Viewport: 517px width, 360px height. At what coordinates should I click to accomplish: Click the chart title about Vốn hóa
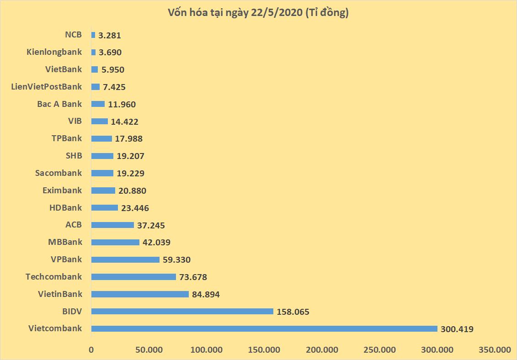[x=258, y=13]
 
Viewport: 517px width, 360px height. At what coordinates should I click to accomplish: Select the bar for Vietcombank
[x=264, y=328]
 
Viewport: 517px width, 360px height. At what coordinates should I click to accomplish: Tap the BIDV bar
[x=182, y=312]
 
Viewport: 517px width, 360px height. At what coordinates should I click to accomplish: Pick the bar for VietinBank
[x=140, y=294]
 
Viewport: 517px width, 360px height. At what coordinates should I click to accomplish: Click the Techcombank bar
[x=133, y=277]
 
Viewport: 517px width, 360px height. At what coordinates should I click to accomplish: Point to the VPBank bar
[x=125, y=259]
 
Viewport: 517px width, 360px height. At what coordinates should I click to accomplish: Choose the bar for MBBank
[x=115, y=242]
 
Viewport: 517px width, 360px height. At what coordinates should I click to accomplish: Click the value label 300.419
[x=457, y=329]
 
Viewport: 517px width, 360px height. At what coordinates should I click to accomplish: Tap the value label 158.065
[x=293, y=312]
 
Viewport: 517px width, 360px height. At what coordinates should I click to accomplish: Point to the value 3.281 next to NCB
[x=110, y=35]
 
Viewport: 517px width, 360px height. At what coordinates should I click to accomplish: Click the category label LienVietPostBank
[x=47, y=86]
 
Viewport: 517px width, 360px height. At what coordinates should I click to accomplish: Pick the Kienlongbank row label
[x=54, y=52]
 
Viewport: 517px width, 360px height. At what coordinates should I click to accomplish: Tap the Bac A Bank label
[x=59, y=104]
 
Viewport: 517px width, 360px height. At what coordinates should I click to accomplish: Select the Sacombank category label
[x=59, y=173]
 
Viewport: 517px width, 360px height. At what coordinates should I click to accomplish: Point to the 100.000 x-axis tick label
[x=207, y=350]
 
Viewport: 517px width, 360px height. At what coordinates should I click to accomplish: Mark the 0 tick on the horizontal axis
[x=91, y=350]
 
